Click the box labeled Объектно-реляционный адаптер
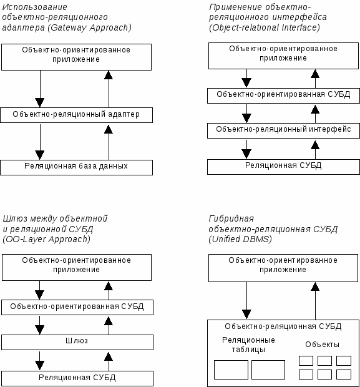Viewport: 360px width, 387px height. click(77, 115)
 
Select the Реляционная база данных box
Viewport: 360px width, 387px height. click(77, 167)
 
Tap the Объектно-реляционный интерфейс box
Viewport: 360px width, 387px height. click(283, 130)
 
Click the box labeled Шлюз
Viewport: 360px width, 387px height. click(77, 342)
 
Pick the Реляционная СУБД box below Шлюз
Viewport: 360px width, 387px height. click(77, 379)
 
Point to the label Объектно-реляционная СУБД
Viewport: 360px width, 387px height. click(283, 326)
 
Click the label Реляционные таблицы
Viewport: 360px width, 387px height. click(248, 345)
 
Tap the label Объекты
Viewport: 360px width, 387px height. click(322, 345)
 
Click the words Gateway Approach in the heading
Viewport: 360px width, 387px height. click(90, 27)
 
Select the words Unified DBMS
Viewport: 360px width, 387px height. click(240, 239)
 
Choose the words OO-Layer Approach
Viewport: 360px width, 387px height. click(46, 239)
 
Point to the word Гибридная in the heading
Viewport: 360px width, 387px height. click(231, 218)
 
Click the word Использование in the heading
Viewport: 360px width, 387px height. click(34, 7)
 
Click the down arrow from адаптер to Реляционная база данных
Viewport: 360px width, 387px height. click(40, 142)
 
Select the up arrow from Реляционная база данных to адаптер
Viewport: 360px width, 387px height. click(109, 142)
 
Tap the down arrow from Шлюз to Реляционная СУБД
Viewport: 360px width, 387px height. click(39, 361)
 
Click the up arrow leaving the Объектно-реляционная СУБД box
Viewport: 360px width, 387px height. click(315, 301)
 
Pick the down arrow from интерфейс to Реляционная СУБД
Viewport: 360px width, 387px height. click(246, 149)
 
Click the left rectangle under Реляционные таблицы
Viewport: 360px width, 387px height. click(231, 370)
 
